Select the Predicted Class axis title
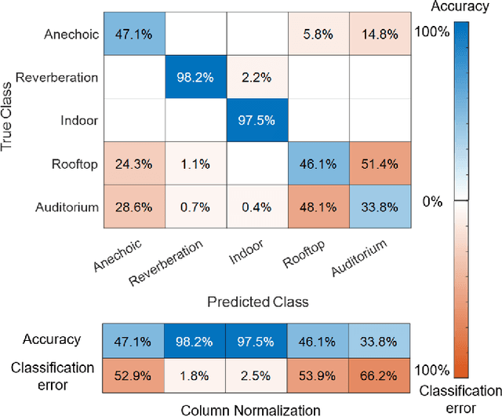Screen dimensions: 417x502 (257, 301)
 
